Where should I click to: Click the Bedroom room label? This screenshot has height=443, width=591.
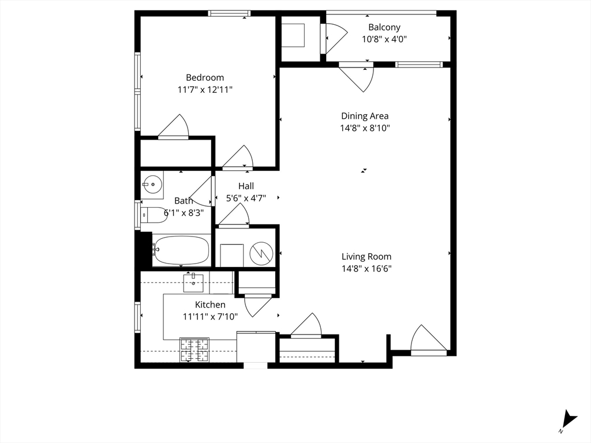click(205, 78)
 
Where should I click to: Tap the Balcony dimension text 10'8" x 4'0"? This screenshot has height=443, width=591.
click(384, 39)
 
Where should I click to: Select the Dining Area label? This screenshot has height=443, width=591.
click(365, 116)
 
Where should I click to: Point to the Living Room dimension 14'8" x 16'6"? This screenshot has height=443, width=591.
click(366, 269)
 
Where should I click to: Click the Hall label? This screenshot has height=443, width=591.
click(246, 186)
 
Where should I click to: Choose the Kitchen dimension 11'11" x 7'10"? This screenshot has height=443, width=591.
click(210, 317)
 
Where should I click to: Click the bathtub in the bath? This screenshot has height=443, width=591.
click(181, 250)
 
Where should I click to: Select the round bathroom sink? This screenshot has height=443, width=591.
click(152, 184)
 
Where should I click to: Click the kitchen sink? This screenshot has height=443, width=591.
click(193, 283)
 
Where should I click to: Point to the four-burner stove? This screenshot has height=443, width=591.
click(194, 350)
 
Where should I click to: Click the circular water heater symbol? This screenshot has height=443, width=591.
click(261, 253)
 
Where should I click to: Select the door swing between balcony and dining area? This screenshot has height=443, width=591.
click(357, 78)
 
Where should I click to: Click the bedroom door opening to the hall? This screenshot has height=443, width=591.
click(238, 156)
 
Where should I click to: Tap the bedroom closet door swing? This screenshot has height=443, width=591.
click(173, 126)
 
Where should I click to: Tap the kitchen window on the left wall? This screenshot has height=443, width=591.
click(137, 317)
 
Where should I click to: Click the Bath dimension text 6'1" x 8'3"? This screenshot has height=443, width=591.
click(184, 213)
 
